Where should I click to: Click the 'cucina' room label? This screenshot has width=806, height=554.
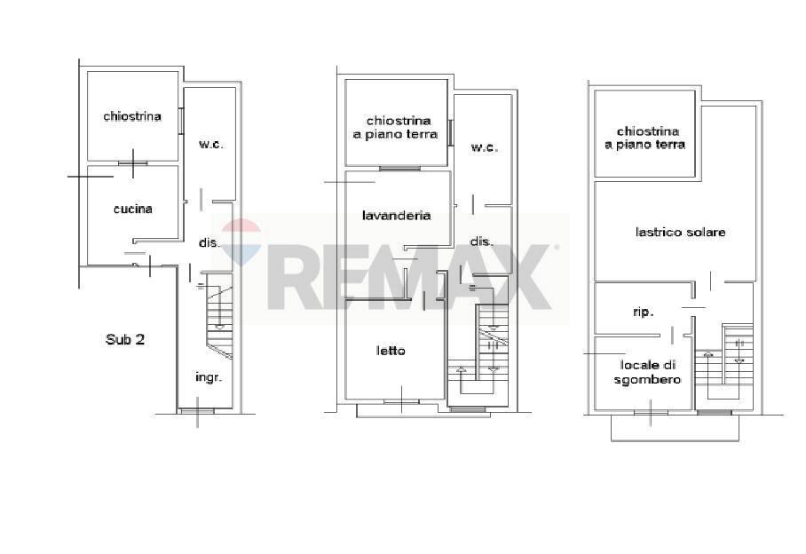(133, 210)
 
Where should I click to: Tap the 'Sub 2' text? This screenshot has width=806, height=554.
(125, 338)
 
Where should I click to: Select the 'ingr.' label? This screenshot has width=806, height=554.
(209, 377)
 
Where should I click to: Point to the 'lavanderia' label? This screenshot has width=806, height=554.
(396, 215)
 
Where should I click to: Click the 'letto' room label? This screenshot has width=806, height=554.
(391, 351)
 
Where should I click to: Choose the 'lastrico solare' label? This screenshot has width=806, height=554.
(681, 232)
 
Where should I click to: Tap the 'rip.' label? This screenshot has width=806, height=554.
(643, 312)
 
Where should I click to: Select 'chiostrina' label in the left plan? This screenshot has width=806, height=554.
(132, 116)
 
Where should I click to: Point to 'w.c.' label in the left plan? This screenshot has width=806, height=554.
(209, 144)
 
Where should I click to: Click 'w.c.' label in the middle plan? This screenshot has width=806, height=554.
(484, 147)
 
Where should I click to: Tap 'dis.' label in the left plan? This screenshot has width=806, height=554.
(209, 241)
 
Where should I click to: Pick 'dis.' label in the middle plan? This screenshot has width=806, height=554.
(481, 241)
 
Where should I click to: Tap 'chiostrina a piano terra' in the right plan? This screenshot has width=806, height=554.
(645, 138)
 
